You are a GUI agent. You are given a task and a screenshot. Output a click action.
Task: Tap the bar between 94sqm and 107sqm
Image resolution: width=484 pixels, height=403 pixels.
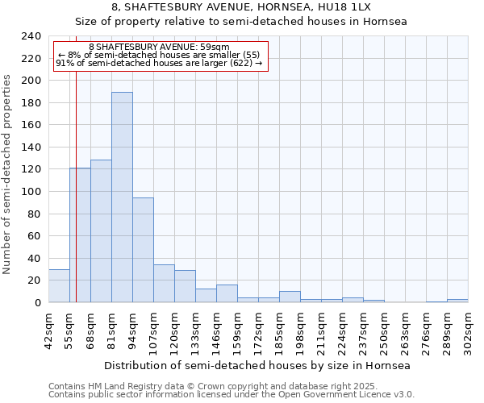(x=143, y=250)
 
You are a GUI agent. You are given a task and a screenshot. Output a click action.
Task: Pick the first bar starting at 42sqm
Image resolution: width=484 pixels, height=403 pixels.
(x=59, y=286)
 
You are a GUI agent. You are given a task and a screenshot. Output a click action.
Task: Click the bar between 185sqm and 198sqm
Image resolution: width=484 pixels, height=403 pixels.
(x=290, y=297)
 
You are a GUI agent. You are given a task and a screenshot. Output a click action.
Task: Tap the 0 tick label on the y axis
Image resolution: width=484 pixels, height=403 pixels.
(x=37, y=302)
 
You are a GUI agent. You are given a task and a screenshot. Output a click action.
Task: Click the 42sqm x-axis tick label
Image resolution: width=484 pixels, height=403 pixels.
(x=48, y=330)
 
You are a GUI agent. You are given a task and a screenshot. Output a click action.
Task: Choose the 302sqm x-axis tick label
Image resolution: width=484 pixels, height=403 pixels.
(x=468, y=330)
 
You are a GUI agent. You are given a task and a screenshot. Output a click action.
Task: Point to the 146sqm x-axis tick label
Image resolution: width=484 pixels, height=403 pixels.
(x=216, y=330)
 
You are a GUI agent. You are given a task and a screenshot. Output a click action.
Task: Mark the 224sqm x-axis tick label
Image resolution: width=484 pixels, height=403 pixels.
(x=342, y=330)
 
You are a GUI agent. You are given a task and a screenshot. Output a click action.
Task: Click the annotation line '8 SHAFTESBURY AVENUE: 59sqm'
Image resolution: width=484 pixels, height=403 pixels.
(x=159, y=48)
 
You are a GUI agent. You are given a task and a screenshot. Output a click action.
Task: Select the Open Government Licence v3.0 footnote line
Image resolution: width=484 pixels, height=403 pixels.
(x=232, y=395)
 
